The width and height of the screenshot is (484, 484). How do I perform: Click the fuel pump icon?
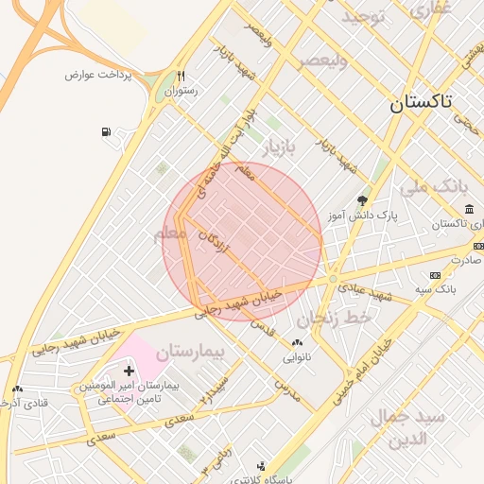[x=104, y=130]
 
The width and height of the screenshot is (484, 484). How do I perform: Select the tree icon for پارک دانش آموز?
[x=363, y=199]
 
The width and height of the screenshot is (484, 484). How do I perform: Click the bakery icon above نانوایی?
[x=297, y=342]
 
